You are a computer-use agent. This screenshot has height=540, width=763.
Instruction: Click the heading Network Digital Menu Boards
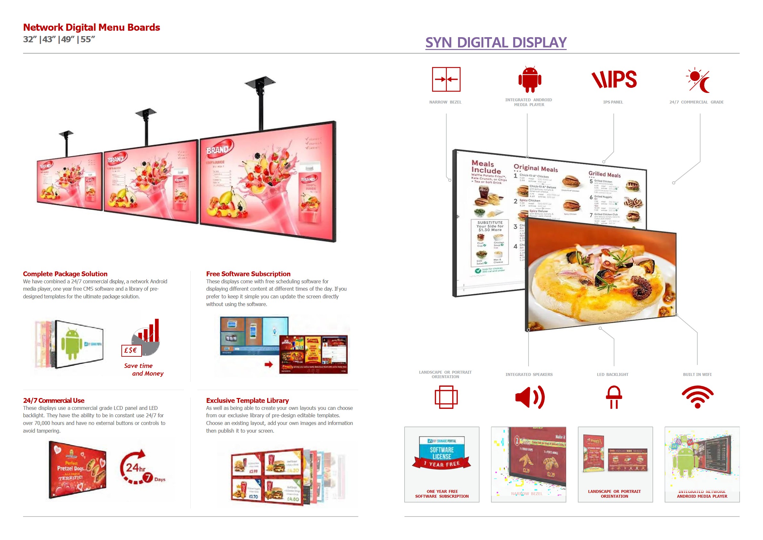point(91,27)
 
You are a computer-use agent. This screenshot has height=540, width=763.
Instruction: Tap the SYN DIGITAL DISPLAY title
point(496,43)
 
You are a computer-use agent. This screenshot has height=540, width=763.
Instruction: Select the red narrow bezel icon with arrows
point(446,79)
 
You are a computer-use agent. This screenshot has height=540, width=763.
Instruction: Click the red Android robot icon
point(530,79)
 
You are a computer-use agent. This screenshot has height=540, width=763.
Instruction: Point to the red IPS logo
point(614,79)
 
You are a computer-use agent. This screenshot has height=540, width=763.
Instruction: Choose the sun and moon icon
point(698,80)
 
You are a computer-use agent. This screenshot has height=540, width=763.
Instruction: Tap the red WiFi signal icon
point(697,397)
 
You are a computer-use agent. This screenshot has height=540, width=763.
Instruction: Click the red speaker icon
point(529,397)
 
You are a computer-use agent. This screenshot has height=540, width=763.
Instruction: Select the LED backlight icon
point(613,397)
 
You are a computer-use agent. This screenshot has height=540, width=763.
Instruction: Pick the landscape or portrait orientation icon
point(446,397)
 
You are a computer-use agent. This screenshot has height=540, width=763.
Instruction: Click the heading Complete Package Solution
point(65,274)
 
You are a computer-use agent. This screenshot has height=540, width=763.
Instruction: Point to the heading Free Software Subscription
point(248,274)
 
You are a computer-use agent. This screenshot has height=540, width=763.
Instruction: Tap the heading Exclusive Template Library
point(247,400)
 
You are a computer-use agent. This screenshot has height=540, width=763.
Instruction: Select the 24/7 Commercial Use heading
point(53,400)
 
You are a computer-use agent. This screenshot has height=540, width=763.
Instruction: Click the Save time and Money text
point(144,370)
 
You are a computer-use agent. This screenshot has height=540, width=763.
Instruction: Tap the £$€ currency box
point(131,350)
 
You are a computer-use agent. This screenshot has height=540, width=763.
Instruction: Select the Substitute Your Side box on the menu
point(490,226)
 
